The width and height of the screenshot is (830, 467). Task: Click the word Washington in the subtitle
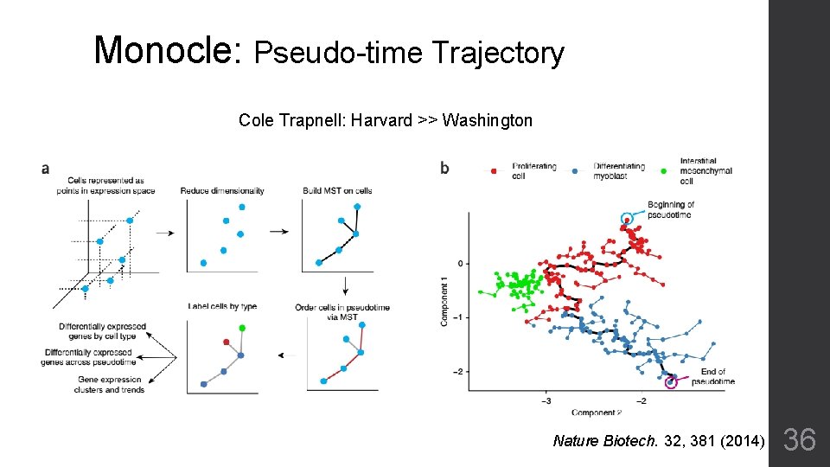point(487,120)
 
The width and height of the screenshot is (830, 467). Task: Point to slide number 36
point(799,441)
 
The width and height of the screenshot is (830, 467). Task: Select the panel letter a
point(45,169)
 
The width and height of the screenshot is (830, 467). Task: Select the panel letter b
point(444,169)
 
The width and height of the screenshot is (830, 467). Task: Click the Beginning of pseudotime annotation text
point(671,209)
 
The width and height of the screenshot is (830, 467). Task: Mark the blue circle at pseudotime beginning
point(627,219)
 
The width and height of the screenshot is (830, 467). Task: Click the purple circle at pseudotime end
point(671,381)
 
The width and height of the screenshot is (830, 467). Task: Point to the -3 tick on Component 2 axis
point(546,401)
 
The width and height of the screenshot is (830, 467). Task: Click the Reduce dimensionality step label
point(221,190)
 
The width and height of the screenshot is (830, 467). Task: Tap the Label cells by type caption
point(222,306)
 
